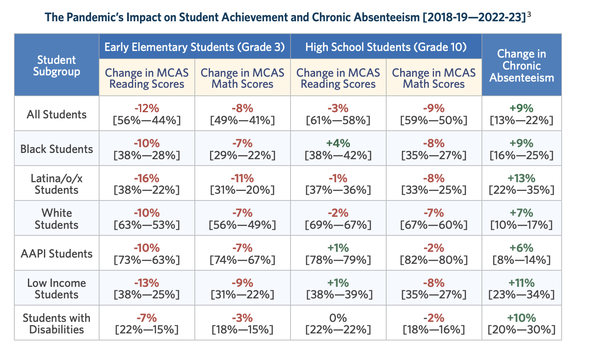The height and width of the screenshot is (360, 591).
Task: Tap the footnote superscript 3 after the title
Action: point(529,15)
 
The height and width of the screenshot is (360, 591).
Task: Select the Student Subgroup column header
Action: point(56,66)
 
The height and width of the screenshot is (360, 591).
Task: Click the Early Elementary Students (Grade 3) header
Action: point(195,47)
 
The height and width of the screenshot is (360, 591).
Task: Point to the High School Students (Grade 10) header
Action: point(386,47)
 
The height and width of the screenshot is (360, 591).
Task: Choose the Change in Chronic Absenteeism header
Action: point(521,66)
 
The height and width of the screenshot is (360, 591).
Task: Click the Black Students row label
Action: point(56,149)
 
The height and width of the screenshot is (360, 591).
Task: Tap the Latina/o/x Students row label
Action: point(56,184)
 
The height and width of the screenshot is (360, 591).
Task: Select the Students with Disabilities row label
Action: point(56,324)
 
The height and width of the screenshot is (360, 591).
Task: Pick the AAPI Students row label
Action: point(56,254)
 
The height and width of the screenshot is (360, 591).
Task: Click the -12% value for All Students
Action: point(147,108)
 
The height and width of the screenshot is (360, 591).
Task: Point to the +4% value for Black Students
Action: point(338,143)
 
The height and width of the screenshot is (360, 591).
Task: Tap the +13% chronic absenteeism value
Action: point(521,178)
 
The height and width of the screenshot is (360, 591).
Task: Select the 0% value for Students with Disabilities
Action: point(338,318)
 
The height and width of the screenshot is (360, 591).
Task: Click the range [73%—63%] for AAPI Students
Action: point(147,260)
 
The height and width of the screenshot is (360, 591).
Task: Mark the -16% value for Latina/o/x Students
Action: point(147,178)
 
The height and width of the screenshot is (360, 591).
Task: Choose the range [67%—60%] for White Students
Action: point(434,225)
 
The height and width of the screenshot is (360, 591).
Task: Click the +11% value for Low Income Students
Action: point(521,283)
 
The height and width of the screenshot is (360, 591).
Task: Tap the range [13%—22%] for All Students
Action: point(521,121)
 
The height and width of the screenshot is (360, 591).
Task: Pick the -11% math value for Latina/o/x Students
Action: point(242,178)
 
